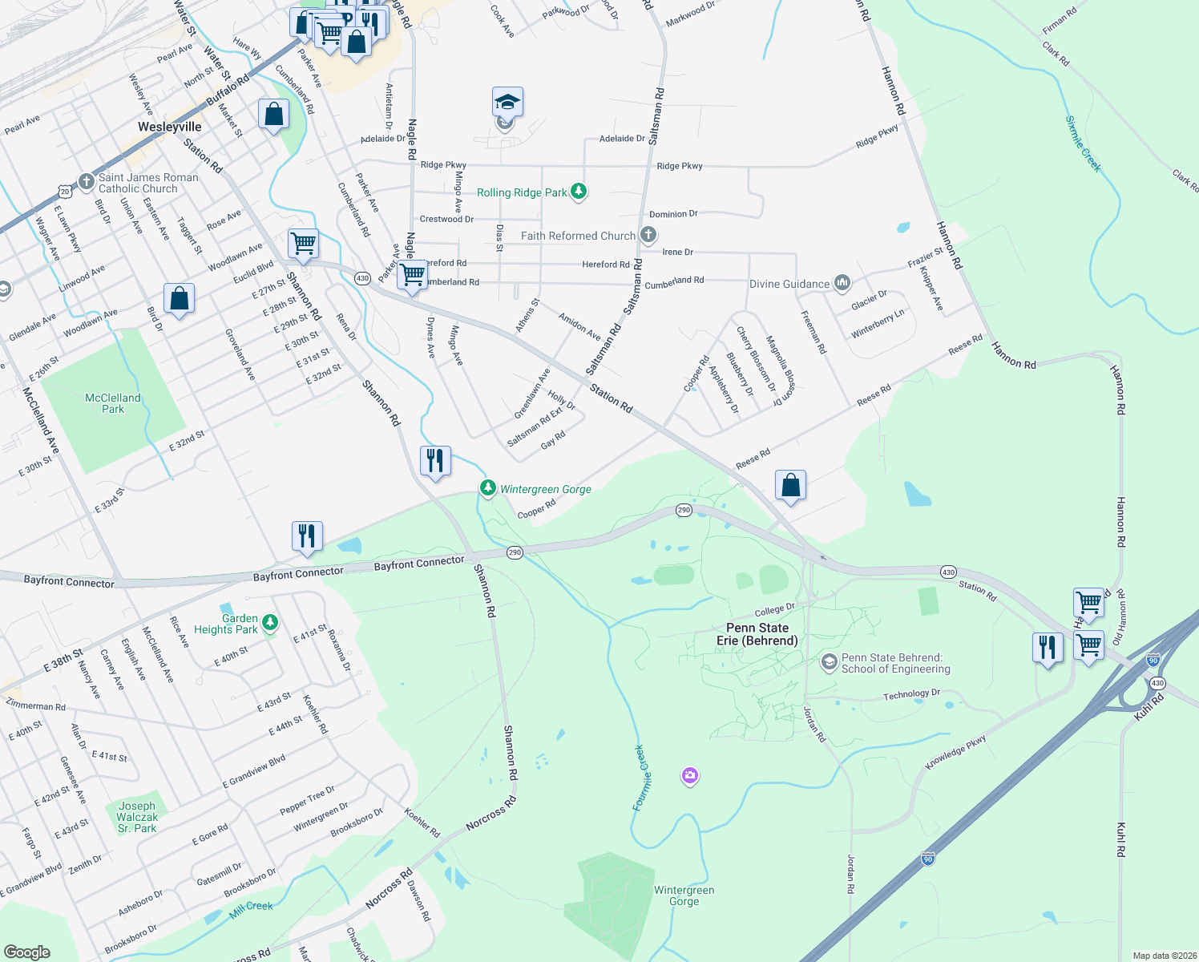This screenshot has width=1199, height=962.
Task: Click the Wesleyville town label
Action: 170,127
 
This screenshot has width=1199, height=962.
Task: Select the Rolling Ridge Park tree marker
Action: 579,192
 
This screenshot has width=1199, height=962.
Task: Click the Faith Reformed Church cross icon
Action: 648,236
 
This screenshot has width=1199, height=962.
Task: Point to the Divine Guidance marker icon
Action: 842,283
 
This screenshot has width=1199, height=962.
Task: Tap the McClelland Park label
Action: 113,403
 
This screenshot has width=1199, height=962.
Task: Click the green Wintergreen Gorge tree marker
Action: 487,488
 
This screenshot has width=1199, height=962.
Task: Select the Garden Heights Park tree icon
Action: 270,623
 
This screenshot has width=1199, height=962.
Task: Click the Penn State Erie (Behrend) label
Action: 757,634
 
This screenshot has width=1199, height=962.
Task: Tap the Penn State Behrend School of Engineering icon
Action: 830,662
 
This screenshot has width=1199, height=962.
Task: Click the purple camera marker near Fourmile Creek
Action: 690,775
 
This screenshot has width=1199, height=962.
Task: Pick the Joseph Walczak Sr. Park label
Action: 137,817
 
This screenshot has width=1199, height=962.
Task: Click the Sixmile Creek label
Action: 1084,144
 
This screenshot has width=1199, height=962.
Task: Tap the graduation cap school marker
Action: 507,103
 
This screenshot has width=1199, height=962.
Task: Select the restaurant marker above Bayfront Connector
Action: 307,536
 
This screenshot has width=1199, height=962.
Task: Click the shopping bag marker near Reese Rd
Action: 790,484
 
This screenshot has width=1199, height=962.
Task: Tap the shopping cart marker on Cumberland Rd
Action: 412,274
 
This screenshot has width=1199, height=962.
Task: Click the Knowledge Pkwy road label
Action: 955,754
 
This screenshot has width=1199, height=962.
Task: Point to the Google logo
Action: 27,952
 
